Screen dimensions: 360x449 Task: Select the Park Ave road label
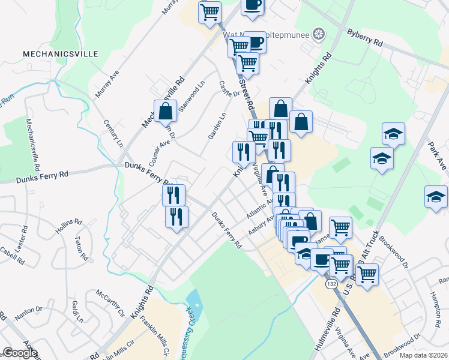438,154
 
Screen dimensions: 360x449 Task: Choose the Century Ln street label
112,134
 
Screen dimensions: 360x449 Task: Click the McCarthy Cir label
109,304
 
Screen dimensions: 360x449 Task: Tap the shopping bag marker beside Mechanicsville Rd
165,111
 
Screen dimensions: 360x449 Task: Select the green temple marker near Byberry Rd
319,35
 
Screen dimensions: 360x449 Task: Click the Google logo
20,353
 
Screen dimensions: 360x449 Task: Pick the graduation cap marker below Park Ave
436,197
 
